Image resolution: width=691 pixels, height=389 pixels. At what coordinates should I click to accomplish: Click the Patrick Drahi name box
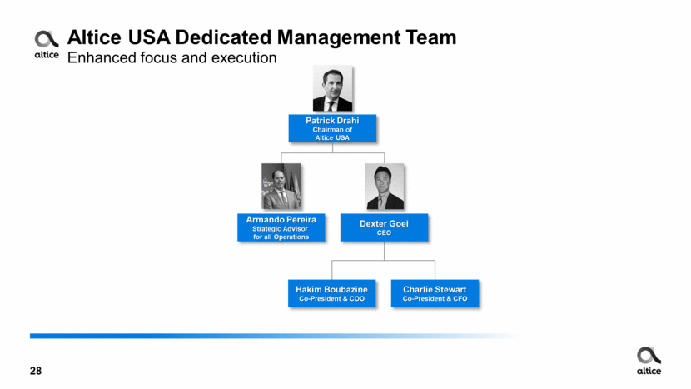(332, 128)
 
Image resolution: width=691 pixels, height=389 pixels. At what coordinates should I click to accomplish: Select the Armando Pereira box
(281, 227)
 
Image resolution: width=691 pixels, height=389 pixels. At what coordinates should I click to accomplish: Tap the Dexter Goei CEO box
(384, 227)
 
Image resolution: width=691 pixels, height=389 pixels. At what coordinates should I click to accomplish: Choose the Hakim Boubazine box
(332, 293)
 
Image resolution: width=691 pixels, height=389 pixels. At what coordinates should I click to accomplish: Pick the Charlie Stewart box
(435, 293)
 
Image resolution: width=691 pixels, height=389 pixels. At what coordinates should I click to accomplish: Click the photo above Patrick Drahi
(332, 89)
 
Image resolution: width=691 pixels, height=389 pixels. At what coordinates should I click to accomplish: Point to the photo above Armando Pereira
(281, 187)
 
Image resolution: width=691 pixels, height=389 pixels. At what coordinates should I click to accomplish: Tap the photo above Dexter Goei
(384, 187)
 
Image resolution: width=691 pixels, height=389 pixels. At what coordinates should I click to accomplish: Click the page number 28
(36, 371)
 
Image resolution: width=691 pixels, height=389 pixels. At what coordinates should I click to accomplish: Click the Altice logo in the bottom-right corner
(649, 361)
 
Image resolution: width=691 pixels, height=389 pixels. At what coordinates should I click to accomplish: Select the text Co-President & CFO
(435, 298)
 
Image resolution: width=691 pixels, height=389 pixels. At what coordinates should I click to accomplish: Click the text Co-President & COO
(332, 298)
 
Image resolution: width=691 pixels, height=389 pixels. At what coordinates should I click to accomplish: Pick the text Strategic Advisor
(281, 228)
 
